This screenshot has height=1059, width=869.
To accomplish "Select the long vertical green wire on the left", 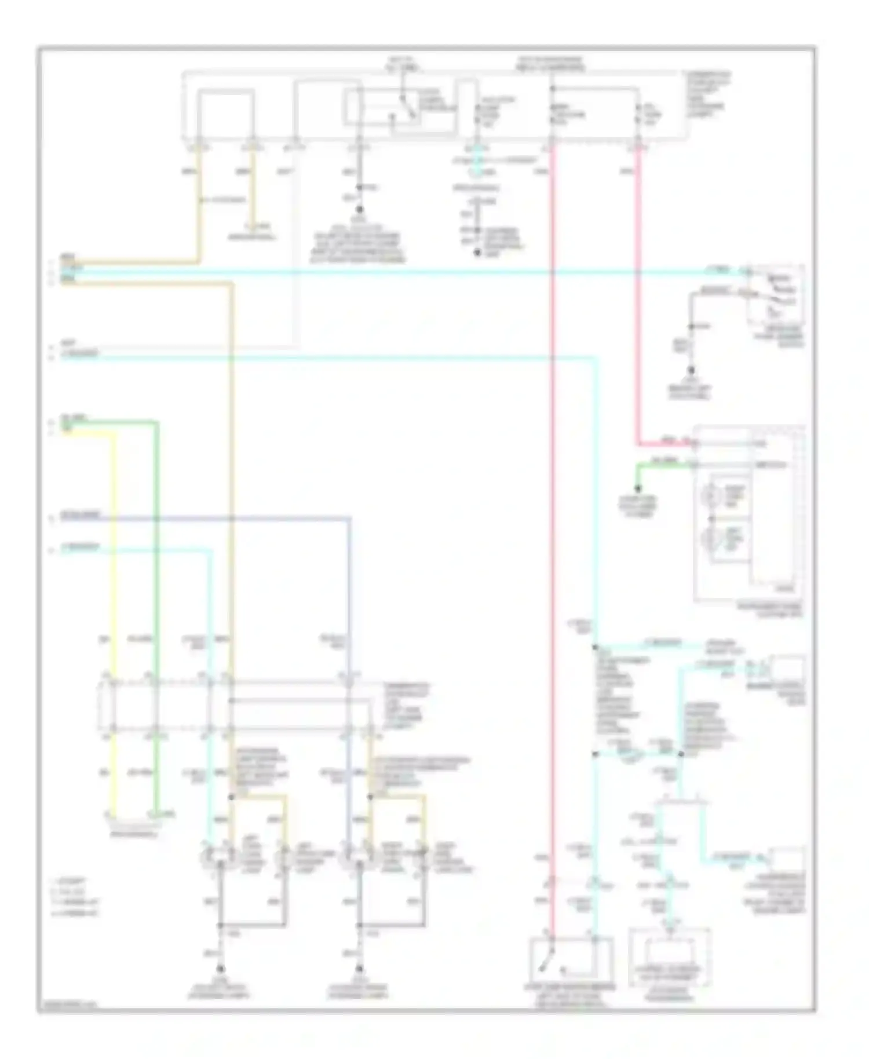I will coord(156,579).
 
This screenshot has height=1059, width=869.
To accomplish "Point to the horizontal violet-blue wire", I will coord(232,517).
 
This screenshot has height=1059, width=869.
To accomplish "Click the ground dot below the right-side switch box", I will coord(691,369).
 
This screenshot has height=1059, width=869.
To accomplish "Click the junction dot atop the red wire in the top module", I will coord(552,89).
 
